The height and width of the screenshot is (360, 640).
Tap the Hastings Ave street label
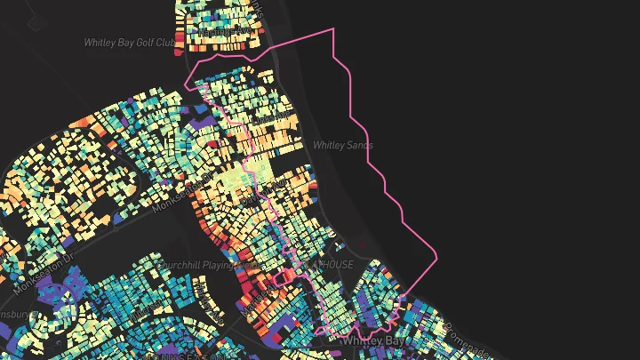(x=226, y=32)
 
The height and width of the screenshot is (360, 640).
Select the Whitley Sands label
(x=342, y=145)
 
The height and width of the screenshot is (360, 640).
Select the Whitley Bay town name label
(x=372, y=340)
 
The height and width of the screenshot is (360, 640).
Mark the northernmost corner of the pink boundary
(x=333, y=29)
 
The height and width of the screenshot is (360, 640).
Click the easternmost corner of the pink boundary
(x=437, y=259)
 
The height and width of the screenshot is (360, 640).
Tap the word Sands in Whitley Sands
(x=358, y=145)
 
